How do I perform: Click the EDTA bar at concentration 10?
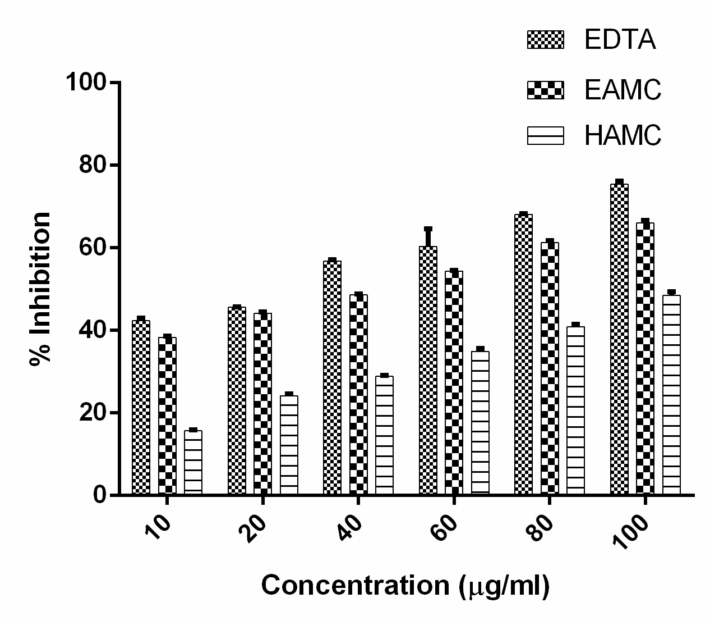[x=141, y=407]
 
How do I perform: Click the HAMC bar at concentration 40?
[x=384, y=435]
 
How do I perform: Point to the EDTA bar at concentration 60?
[x=428, y=371]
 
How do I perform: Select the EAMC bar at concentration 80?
[x=550, y=368]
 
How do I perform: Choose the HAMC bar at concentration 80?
[x=575, y=410]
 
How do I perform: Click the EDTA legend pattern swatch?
[x=545, y=40]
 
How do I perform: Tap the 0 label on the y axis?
[x=100, y=495]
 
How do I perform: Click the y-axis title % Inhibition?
[x=40, y=289]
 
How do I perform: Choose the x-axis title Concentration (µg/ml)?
[x=405, y=586]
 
